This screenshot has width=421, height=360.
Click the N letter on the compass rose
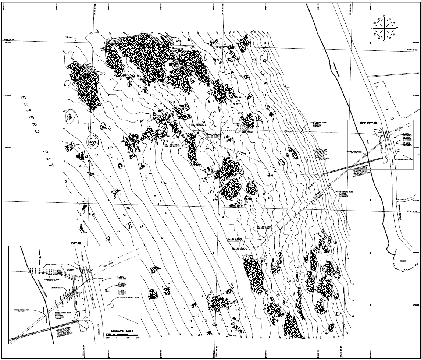(384, 16)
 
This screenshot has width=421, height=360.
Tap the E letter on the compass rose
(397, 28)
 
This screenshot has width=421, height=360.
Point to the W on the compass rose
(372, 28)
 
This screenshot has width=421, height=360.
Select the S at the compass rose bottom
(384, 41)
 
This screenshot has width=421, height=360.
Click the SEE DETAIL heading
(369, 123)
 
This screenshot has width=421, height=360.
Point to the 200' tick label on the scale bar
(137, 337)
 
